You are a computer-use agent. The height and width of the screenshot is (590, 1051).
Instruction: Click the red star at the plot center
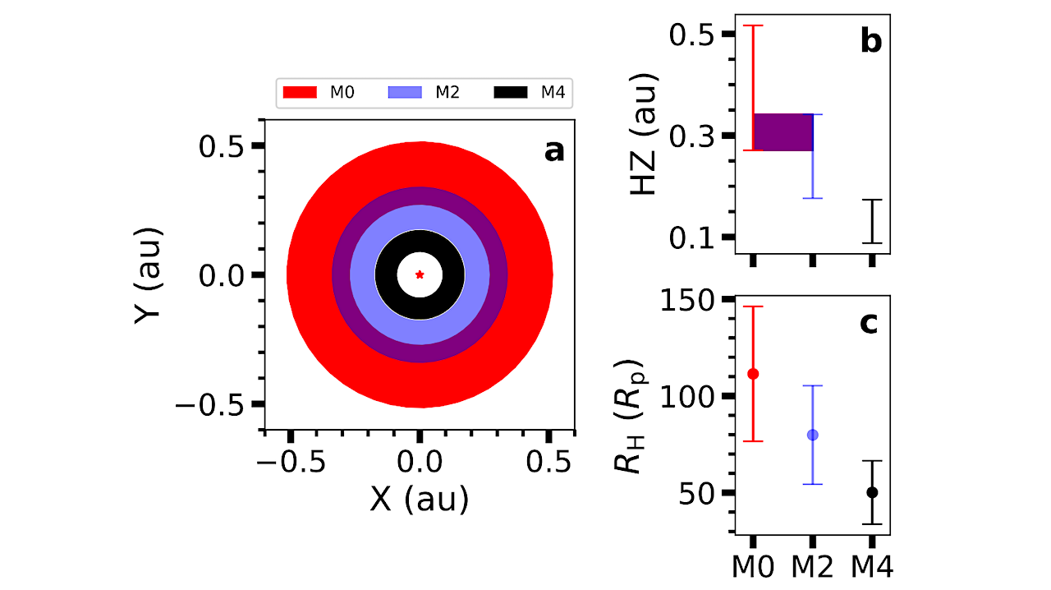(420, 274)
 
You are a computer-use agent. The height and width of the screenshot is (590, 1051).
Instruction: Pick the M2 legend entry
(424, 92)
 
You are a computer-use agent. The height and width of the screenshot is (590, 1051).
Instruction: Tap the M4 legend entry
(530, 92)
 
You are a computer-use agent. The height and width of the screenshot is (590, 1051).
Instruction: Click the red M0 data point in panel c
(753, 374)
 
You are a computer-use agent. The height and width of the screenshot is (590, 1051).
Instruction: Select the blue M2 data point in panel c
(813, 435)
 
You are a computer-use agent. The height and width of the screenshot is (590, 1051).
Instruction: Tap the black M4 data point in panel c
(872, 492)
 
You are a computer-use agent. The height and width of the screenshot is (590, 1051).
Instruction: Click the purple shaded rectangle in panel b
(783, 132)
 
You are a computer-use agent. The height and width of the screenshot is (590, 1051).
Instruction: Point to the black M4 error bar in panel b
(872, 221)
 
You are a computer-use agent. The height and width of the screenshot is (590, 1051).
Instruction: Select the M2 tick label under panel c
(813, 567)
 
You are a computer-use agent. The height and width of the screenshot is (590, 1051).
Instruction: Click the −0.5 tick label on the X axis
(291, 463)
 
